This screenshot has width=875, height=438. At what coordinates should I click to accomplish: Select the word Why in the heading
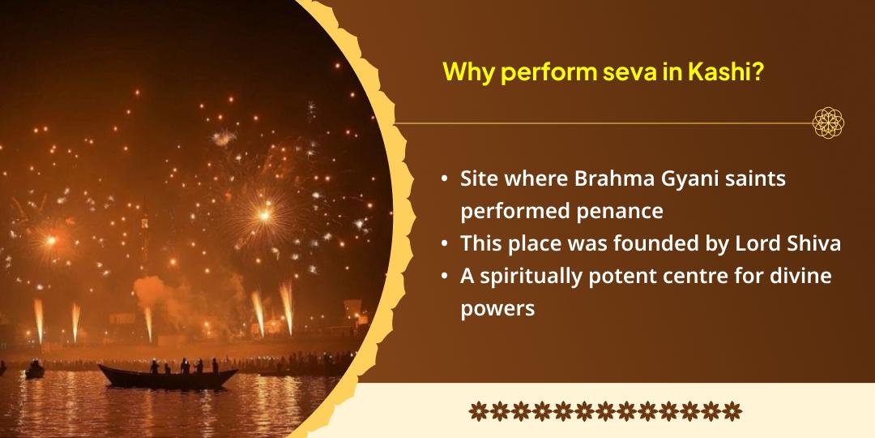click(x=468, y=72)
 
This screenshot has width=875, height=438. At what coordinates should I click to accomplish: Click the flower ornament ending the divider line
click(x=828, y=123)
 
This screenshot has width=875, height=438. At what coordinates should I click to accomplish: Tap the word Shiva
click(x=814, y=243)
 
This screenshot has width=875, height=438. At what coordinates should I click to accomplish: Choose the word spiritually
click(x=530, y=276)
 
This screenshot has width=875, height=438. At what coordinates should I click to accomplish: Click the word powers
click(x=497, y=309)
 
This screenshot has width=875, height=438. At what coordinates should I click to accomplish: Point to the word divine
click(x=803, y=276)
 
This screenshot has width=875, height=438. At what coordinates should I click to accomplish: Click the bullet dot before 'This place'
click(x=444, y=244)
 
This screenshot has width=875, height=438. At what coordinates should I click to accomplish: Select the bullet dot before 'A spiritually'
click(x=444, y=277)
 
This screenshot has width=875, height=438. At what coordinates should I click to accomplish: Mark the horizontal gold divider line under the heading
click(x=600, y=124)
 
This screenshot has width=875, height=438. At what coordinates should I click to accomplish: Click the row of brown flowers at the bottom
click(x=604, y=410)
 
